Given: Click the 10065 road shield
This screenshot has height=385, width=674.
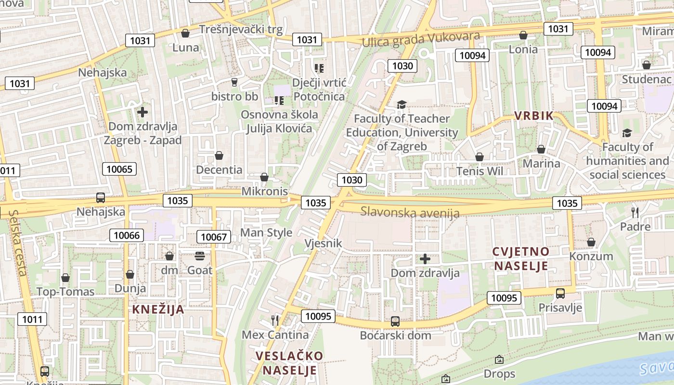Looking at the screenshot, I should click(119, 169).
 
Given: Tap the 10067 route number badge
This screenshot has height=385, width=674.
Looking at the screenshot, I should click(213, 237).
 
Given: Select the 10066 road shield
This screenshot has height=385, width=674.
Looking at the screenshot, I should click(127, 235).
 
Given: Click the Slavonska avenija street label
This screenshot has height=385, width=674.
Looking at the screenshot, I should click(410, 212).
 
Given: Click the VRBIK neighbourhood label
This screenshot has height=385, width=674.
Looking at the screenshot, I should click(534, 115).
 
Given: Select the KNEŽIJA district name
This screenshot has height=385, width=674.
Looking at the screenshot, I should click(158, 309).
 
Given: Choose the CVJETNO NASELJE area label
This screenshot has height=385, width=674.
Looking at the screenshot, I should click(521, 259).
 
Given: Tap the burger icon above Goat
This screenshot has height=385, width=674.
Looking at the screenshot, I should click(200, 256).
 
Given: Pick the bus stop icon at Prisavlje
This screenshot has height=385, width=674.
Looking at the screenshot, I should click(560, 293).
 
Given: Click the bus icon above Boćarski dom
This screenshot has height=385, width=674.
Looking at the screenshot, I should click(395, 321).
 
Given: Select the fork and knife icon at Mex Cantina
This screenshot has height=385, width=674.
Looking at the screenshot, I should click(275, 320).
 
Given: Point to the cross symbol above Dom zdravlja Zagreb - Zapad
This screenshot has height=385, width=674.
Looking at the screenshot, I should click(143, 113).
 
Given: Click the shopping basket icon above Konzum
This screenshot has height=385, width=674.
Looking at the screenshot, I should click(591, 242).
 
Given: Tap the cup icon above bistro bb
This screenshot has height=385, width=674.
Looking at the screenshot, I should click(234, 82).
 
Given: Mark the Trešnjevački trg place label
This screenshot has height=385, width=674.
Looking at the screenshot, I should click(241, 29).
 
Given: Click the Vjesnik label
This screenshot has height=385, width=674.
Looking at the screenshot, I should click(323, 244).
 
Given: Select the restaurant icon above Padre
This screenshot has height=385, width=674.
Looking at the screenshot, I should click(635, 212).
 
